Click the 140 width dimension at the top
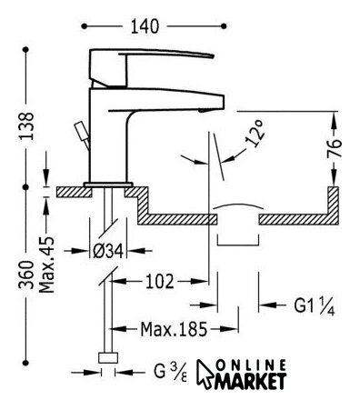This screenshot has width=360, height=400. [x=145, y=26]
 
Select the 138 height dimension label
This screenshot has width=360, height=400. [x=26, y=125]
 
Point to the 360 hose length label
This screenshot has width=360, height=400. [x=26, y=275]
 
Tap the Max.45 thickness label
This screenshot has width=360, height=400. [x=47, y=265]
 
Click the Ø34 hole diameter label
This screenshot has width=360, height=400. [x=108, y=251]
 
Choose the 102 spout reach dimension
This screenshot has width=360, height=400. [x=160, y=282]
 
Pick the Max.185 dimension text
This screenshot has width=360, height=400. [x=174, y=329]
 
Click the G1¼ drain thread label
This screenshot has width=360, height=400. [x=315, y=306]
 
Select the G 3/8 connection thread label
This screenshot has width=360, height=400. [x=170, y=372]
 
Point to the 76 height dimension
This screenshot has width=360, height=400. [x=334, y=148]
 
